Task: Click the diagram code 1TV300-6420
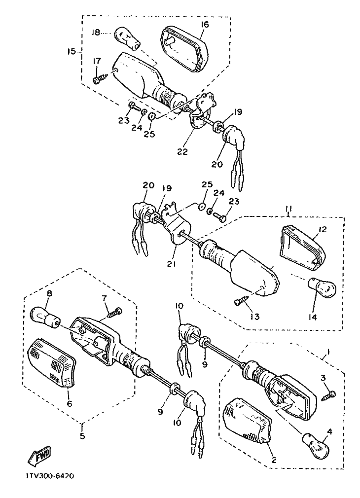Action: point(48,476)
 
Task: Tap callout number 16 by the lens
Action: point(205,24)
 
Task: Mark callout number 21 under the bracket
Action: point(172,264)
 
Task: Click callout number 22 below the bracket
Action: point(182,151)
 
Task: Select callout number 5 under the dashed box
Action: point(83,436)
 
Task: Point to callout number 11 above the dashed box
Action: point(288,209)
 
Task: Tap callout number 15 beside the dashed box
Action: point(72,51)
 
